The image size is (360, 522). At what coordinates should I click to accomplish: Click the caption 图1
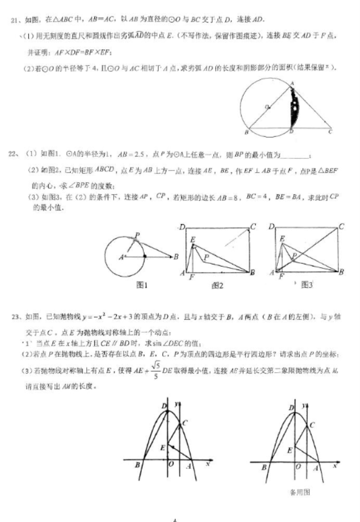(142, 285)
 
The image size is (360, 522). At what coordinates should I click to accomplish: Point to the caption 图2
(217, 285)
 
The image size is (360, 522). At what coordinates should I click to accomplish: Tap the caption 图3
(307, 285)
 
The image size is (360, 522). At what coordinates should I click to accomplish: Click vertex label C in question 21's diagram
(330, 132)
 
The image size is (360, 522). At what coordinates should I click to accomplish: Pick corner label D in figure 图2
(182, 228)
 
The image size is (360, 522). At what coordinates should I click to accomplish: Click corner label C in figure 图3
(341, 227)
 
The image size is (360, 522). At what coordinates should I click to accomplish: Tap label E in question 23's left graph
(162, 448)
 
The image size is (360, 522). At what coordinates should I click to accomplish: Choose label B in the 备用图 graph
(263, 467)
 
